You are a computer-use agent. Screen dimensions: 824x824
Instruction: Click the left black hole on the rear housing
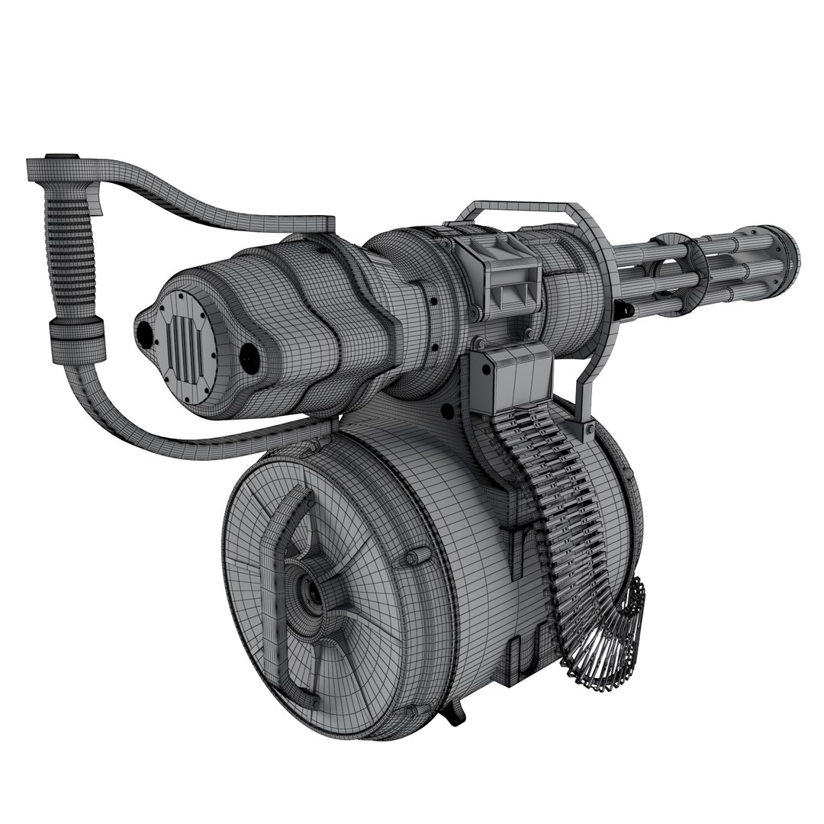coord(143,333)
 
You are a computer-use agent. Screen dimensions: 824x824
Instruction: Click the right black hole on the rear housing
coord(249,358)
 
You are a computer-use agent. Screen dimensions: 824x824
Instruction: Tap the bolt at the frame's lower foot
coord(588,432)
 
